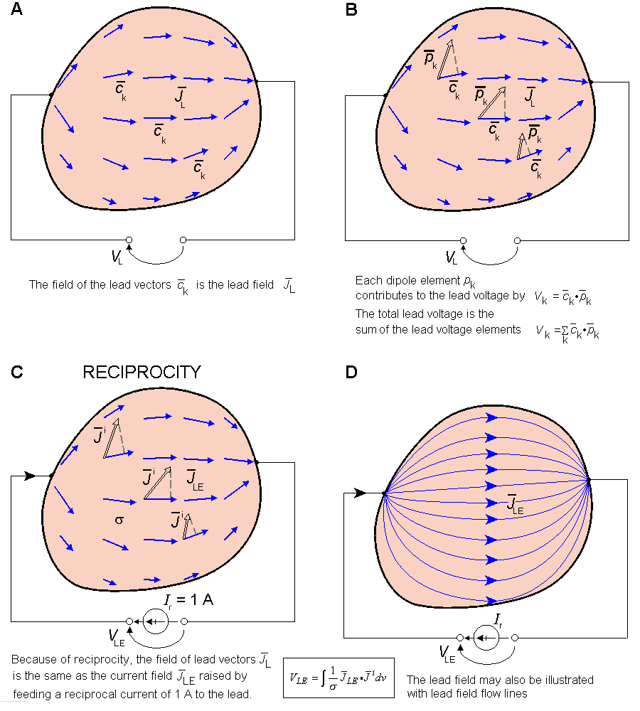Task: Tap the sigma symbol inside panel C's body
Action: (x=119, y=520)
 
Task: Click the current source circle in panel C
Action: (x=156, y=621)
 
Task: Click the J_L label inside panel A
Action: (x=180, y=98)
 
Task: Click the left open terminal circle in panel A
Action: (x=129, y=241)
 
